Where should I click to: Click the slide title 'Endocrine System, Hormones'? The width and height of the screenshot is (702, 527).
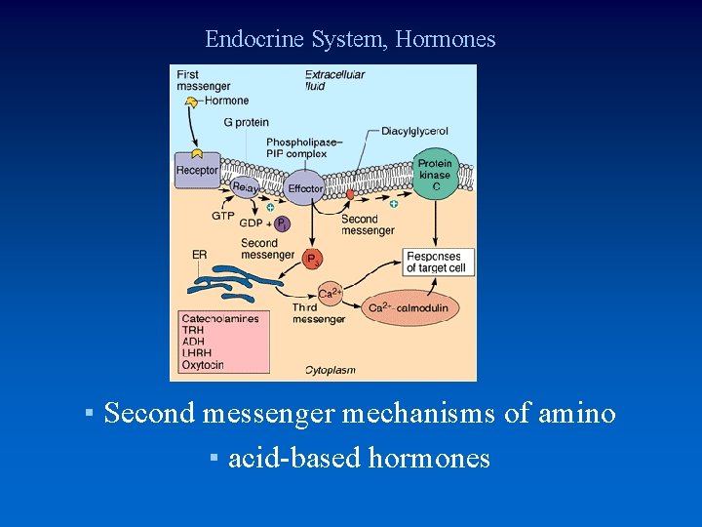(x=350, y=40)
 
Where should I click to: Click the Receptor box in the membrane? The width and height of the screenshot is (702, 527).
(x=197, y=170)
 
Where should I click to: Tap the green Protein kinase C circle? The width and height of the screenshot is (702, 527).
(x=435, y=177)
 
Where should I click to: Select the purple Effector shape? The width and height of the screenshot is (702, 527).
(x=305, y=187)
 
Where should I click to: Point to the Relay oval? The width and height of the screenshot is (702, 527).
(x=245, y=186)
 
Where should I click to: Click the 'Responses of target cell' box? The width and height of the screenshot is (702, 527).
(x=439, y=262)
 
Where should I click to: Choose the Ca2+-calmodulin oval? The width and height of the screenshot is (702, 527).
(x=409, y=308)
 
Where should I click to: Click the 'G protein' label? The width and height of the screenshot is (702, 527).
(x=245, y=122)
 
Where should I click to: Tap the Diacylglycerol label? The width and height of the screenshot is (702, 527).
(x=414, y=131)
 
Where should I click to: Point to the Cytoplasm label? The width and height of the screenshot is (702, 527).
(x=331, y=370)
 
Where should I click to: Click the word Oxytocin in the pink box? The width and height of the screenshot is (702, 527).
(x=203, y=365)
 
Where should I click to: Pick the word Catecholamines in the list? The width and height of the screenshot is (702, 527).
(x=220, y=319)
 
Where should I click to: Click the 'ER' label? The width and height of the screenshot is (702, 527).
(x=199, y=255)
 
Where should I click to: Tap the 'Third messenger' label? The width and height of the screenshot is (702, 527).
(x=318, y=313)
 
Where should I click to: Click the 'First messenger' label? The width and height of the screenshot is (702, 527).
(x=203, y=80)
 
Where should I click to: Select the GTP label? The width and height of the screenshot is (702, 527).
(x=222, y=216)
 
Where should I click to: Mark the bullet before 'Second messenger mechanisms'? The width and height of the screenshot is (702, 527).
(x=89, y=414)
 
